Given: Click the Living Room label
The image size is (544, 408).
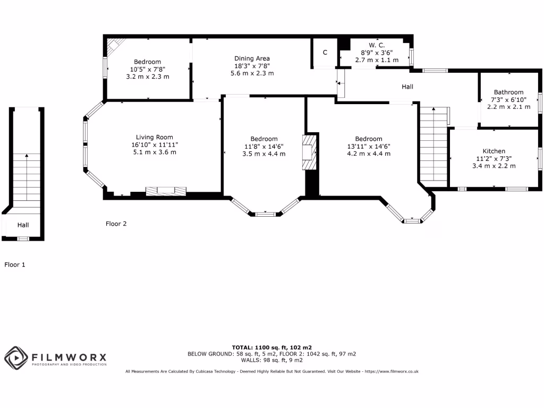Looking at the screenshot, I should click(154, 137).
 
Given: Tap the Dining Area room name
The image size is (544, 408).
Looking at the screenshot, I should click(252, 58).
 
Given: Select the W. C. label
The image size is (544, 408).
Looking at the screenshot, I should click(376, 46).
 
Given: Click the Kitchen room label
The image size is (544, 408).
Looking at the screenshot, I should click(494, 151).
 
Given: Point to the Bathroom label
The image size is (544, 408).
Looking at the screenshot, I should click(508, 92).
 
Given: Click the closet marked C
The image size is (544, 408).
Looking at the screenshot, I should click(325, 53).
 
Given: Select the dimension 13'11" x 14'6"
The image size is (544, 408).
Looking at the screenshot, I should click(369, 146).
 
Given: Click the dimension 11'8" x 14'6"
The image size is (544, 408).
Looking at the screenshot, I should click(264, 146).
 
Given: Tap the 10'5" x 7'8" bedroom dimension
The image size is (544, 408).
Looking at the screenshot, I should click(147, 69).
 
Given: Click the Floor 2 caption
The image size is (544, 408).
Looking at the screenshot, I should click(116, 224).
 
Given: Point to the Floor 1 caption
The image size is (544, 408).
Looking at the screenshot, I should click(15, 264).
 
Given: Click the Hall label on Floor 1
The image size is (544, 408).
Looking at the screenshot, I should click(23, 225).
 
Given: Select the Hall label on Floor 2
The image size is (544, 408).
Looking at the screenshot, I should click(407, 87).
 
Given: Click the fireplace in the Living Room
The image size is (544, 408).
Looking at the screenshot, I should click(166, 191).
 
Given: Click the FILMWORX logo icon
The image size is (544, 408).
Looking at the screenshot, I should click(16, 358).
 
